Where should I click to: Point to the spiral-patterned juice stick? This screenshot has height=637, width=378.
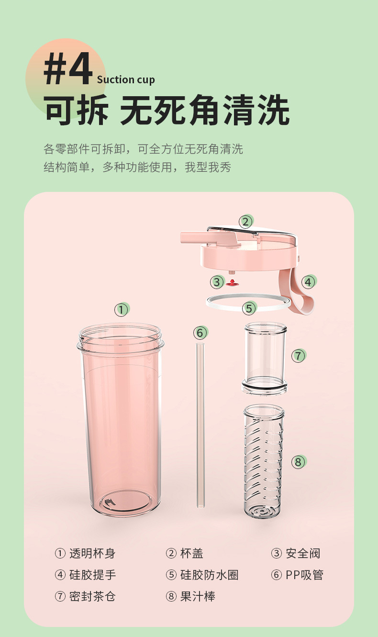[264, 461]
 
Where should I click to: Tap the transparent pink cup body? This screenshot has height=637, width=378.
[121, 419]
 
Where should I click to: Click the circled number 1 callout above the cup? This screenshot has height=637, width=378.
[122, 310]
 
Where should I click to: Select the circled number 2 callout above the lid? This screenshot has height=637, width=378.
[246, 222]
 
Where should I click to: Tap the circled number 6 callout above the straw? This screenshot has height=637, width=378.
[200, 333]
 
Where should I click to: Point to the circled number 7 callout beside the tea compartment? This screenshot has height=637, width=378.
[298, 356]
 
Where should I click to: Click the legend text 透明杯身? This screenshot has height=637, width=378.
[92, 553]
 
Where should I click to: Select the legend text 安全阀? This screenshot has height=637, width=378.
[303, 553]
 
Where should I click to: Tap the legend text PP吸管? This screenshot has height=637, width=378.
[305, 575]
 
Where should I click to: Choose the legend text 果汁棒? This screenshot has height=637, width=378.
[198, 596]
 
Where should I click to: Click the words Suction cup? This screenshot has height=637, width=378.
[126, 80]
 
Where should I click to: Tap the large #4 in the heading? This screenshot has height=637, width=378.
[68, 68]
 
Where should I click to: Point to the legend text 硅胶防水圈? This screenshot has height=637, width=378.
[210, 575]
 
